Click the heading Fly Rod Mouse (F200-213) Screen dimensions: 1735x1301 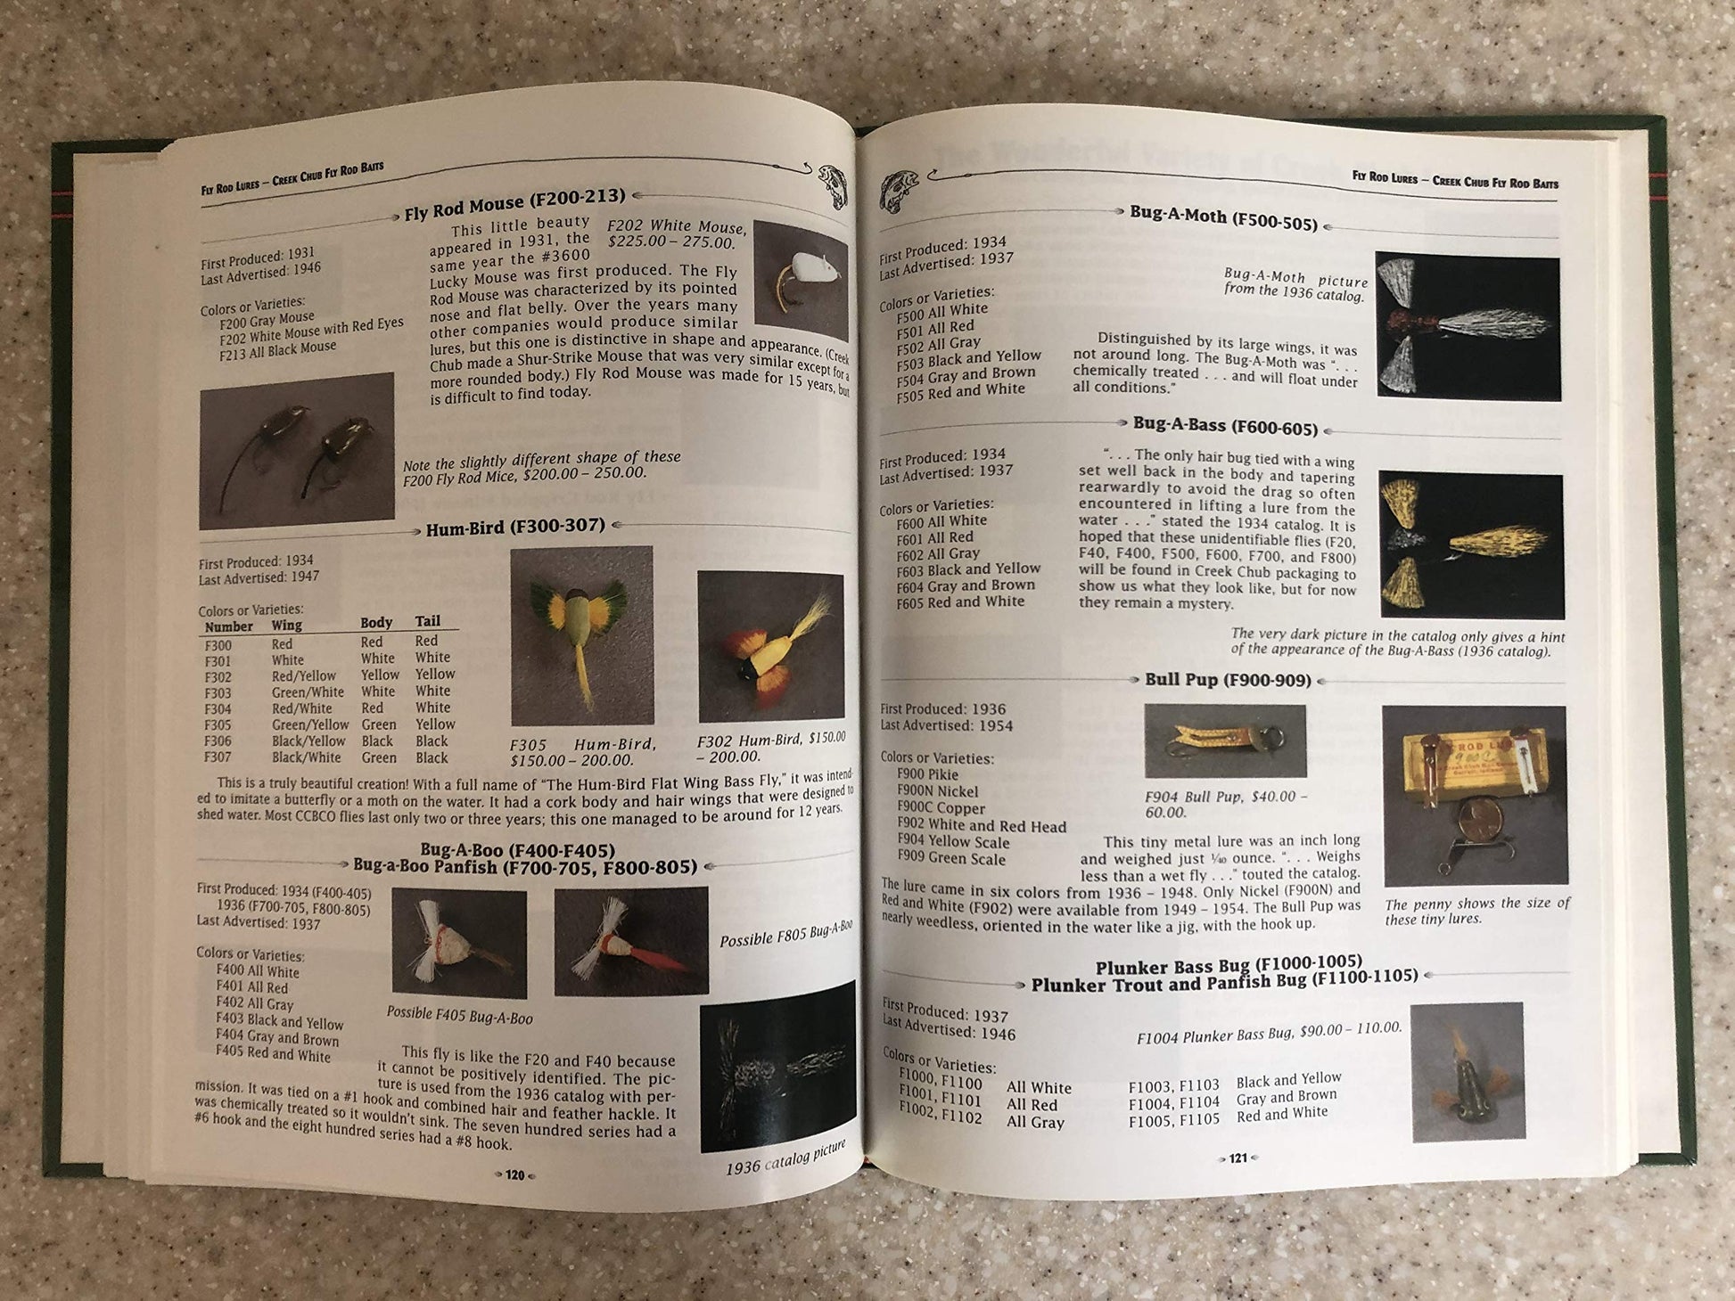514,206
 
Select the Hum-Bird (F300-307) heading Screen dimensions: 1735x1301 515,528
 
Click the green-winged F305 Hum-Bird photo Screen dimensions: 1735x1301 581,635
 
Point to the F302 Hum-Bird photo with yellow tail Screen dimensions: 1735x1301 771,647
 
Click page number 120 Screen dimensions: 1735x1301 514,1174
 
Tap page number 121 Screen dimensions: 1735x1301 1238,1158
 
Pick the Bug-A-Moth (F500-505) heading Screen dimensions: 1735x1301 1223,217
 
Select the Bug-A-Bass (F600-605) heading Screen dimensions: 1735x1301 1225,425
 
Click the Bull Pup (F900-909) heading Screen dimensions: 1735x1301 1228,680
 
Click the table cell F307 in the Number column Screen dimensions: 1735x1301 218,757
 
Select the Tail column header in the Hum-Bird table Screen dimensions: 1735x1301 427,621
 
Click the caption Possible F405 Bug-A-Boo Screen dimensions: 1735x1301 459,1015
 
